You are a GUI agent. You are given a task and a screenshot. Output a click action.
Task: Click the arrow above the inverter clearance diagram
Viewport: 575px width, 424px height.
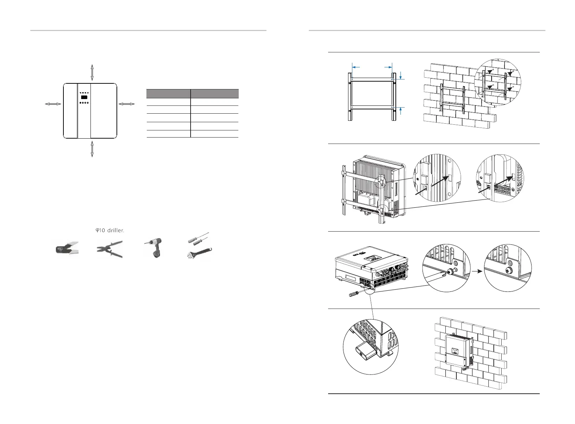pyautogui.click(x=92, y=73)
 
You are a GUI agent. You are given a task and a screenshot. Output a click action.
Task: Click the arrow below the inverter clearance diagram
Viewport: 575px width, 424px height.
pyautogui.click(x=92, y=149)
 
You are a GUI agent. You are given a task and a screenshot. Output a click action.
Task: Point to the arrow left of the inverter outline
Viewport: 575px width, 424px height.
pyautogui.click(x=53, y=104)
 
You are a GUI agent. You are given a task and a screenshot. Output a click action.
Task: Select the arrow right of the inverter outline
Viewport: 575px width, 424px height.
pyautogui.click(x=126, y=104)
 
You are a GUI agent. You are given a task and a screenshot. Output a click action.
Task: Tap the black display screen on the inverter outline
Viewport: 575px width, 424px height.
pyautogui.click(x=84, y=97)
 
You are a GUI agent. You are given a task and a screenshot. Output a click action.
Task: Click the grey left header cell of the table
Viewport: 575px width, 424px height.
pyautogui.click(x=168, y=94)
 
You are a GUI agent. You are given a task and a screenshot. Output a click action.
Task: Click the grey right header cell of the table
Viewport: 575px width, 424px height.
pyautogui.click(x=214, y=94)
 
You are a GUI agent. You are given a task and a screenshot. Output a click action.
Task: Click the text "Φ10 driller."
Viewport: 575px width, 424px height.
pyautogui.click(x=110, y=231)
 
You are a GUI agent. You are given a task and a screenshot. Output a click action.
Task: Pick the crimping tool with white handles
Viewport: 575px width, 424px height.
pyautogui.click(x=67, y=248)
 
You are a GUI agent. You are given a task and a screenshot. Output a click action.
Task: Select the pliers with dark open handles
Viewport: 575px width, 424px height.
pyautogui.click(x=110, y=248)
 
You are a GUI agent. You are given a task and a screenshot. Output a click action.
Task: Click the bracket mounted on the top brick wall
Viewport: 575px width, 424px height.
pyautogui.click(x=452, y=99)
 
